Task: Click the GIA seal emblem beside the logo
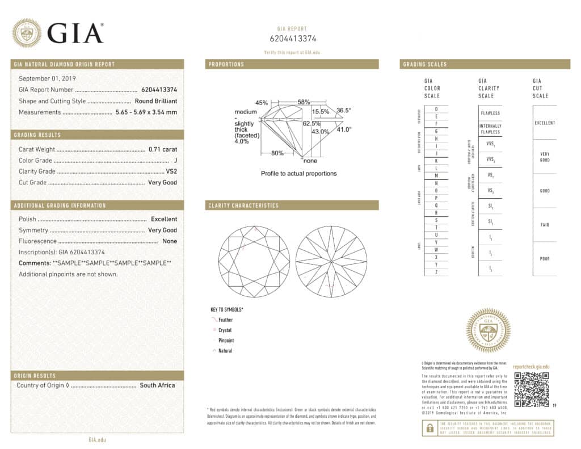tap(27, 33)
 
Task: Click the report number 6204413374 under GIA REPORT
tap(292, 39)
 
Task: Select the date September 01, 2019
tap(48, 78)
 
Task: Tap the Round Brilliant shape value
tap(156, 101)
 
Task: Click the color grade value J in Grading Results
tap(175, 161)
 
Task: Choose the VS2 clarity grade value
tap(170, 171)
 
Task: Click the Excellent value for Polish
tap(164, 219)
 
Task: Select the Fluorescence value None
tap(170, 241)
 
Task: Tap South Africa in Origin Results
tap(157, 385)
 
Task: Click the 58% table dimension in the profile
tap(304, 102)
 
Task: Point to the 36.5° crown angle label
tap(344, 110)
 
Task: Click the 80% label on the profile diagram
tap(277, 153)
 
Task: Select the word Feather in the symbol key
tap(225, 320)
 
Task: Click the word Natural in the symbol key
tap(225, 351)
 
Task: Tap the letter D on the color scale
tap(436, 108)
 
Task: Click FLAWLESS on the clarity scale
tap(490, 113)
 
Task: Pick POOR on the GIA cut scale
tap(545, 259)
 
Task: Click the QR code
tap(532, 389)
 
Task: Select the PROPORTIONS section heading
tap(226, 64)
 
